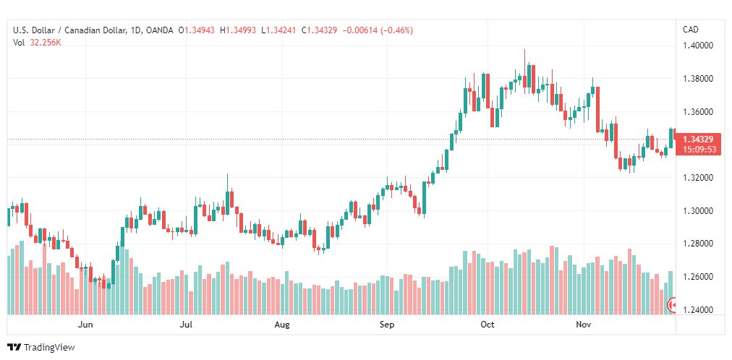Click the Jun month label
tap(85, 325)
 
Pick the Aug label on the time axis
tap(282, 325)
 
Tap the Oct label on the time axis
tap(488, 325)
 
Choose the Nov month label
tap(583, 325)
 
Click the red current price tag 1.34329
tap(699, 140)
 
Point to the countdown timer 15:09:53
tap(699, 149)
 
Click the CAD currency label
tap(691, 30)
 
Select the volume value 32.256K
tap(46, 43)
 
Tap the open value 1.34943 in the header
tap(200, 30)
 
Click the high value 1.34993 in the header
tap(241, 30)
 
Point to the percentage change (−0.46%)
tap(397, 30)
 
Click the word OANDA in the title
tap(159, 30)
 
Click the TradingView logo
tap(41, 348)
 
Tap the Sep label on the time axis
tap(386, 325)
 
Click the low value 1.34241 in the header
tap(281, 30)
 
